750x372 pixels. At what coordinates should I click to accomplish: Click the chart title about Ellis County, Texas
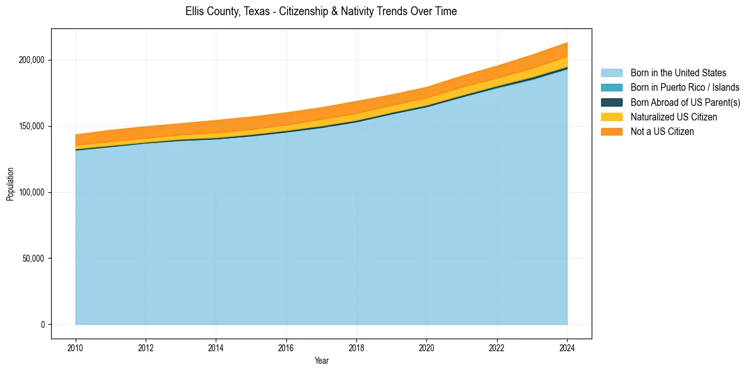pyautogui.click(x=321, y=11)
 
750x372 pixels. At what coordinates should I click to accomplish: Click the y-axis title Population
pyautogui.click(x=10, y=184)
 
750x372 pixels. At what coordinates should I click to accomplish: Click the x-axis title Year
pyautogui.click(x=321, y=361)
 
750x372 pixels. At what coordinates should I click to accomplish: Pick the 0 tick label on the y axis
pyautogui.click(x=43, y=325)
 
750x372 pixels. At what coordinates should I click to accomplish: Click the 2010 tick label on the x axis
pyautogui.click(x=76, y=347)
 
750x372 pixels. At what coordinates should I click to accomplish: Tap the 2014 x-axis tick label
pyautogui.click(x=216, y=347)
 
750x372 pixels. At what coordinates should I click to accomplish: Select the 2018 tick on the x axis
pyautogui.click(x=356, y=347)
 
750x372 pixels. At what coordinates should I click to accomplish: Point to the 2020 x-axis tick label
pyautogui.click(x=427, y=347)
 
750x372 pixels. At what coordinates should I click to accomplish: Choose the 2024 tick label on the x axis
pyautogui.click(x=567, y=347)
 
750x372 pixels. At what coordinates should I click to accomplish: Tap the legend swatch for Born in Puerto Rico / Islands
pyautogui.click(x=611, y=88)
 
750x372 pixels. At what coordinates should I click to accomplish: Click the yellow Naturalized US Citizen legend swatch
pyautogui.click(x=611, y=117)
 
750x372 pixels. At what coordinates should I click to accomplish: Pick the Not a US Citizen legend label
pyautogui.click(x=662, y=131)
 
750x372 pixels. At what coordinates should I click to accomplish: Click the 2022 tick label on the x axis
pyautogui.click(x=497, y=347)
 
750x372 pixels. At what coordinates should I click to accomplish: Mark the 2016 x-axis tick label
pyautogui.click(x=286, y=347)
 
